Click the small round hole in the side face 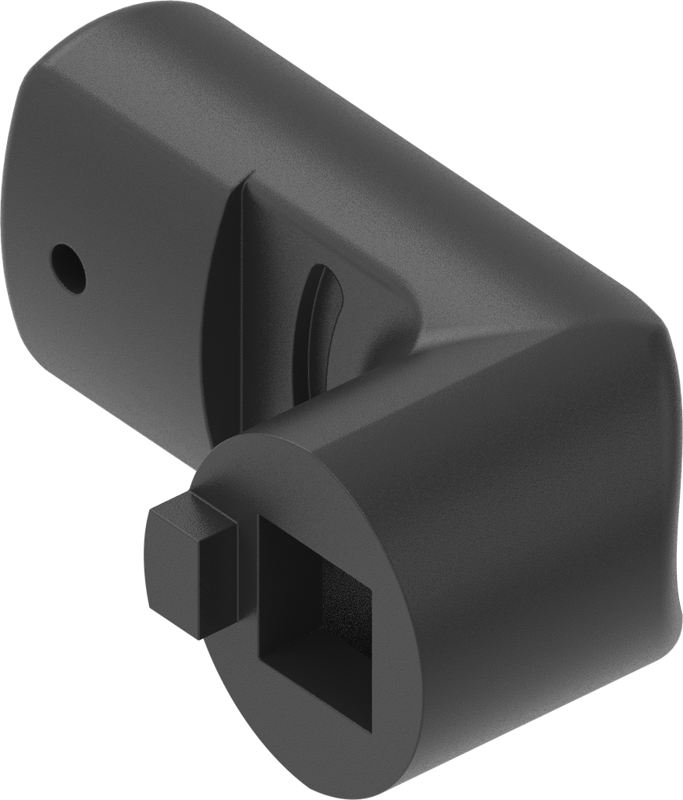[x=68, y=268]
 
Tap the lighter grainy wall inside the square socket [x=343, y=602]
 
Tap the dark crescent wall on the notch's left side [x=222, y=312]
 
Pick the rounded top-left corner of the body [x=47, y=86]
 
